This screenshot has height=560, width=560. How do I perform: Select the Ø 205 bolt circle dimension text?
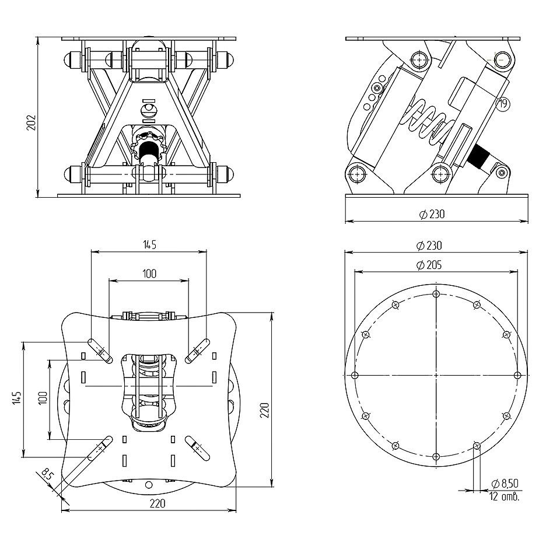tap(429, 265)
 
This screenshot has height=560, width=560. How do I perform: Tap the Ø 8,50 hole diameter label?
tap(505, 484)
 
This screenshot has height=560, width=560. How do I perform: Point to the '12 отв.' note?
tap(505, 497)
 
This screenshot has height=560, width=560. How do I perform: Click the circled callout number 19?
tap(502, 104)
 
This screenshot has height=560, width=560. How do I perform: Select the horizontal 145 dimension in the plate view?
tap(149, 245)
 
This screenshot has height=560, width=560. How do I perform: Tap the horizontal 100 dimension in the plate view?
tap(149, 274)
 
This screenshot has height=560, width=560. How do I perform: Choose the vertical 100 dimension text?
tap(42, 399)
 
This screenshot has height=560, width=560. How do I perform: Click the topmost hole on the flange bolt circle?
tap(436, 293)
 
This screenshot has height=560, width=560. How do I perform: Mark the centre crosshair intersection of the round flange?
tap(436, 375)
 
